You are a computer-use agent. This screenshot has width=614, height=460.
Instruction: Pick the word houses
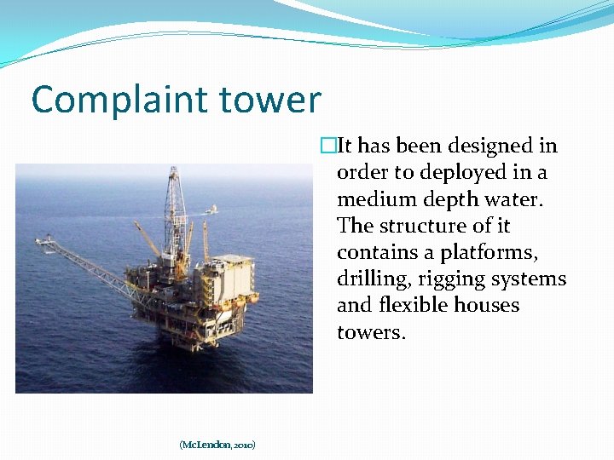tap(493, 305)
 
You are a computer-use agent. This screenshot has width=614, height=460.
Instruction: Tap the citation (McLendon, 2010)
tap(217, 445)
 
